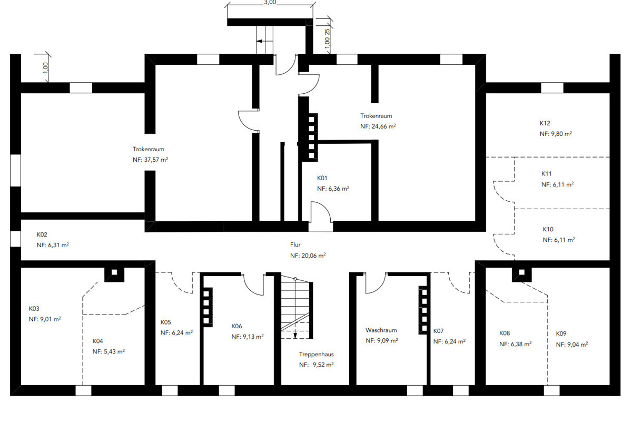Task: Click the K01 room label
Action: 322,178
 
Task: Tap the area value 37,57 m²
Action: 156,160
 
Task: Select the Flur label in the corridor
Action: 295,245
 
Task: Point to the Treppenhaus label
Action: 317,354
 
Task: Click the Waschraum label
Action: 381,330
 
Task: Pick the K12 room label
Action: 545,123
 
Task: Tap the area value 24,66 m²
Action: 384,126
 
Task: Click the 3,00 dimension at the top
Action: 270,3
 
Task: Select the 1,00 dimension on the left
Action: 46,68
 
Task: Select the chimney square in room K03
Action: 114,272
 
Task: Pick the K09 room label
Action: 561,333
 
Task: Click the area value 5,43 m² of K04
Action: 108,352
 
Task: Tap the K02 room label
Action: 42,234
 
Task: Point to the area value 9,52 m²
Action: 323,365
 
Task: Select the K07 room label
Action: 438,331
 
